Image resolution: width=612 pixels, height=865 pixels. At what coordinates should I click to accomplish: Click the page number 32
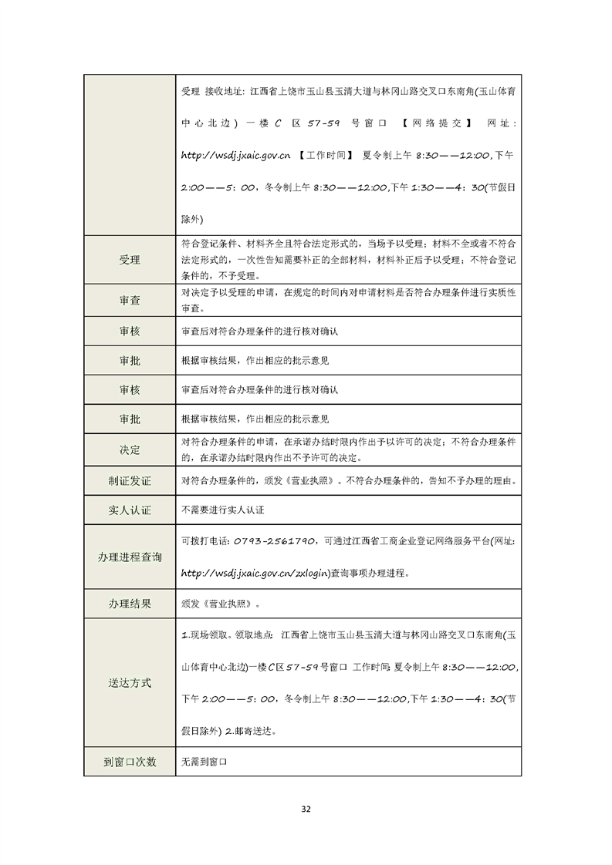pos(306,809)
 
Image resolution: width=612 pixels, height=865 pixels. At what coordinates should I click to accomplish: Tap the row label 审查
pos(130,301)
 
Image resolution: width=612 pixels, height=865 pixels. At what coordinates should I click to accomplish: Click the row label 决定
pos(130,449)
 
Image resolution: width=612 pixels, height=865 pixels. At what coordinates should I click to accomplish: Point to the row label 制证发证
pos(130,481)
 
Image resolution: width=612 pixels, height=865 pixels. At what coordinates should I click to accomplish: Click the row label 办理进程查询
pos(130,557)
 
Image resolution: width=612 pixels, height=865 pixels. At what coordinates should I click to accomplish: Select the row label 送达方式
pos(130,683)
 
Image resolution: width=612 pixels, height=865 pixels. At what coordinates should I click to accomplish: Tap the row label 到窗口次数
pos(130,762)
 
